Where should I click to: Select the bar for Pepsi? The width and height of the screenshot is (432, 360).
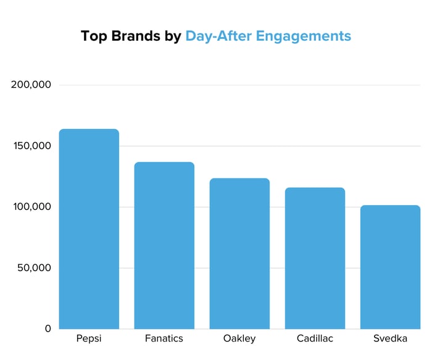pos(89,229)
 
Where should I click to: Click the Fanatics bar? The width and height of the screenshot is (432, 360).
pos(164,246)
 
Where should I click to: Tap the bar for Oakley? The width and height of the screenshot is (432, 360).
pos(239,254)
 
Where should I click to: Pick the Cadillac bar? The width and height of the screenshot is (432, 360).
pos(315,258)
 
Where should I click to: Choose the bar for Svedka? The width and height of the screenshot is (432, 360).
pos(390,267)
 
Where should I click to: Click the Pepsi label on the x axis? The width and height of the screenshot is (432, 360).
pos(89,339)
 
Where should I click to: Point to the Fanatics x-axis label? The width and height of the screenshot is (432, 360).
pos(164,339)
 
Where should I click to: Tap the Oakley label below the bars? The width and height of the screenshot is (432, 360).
pos(239,339)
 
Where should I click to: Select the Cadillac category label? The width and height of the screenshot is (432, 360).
pos(315,339)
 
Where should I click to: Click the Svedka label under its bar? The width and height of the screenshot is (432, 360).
pos(390,339)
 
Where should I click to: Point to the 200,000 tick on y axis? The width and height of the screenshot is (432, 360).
pos(31,85)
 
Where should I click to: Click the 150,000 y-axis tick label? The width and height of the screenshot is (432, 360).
pos(31,146)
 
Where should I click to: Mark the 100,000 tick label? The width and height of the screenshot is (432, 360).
pos(31,207)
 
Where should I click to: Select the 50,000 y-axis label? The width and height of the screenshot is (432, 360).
pos(34,268)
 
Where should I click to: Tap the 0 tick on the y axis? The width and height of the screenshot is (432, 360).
pos(47,329)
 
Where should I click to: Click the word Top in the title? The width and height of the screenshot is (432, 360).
pos(93,36)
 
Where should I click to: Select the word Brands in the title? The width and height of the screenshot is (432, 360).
pos(135,36)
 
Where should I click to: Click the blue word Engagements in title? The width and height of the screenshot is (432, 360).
pos(304,36)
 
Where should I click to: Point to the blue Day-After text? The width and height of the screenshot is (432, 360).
pos(218,36)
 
